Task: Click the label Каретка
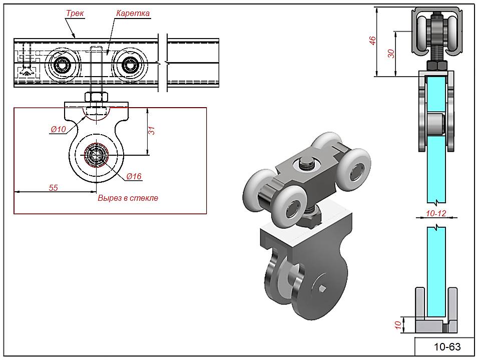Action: tap(133, 14)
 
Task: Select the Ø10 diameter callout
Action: tap(58, 130)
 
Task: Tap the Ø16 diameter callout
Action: tap(134, 176)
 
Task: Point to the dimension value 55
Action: tap(53, 187)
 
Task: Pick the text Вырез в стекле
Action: tap(128, 198)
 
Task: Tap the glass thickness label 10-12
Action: tap(435, 213)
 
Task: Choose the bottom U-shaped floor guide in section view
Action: tap(437, 323)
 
